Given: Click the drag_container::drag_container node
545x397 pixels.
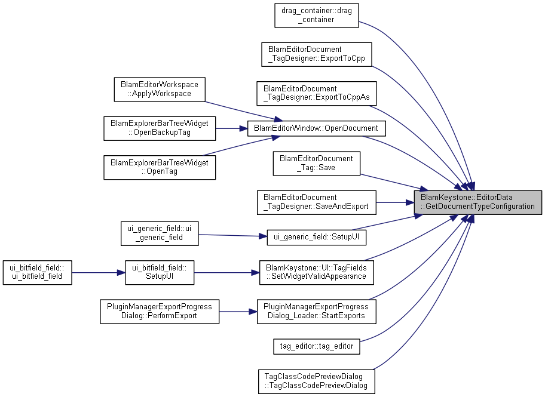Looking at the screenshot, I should tap(316, 15).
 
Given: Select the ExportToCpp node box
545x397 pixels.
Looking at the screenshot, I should tap(316, 54).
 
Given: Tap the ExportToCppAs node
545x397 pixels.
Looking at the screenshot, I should tap(316, 94).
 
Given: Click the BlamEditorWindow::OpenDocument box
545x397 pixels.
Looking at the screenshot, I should tap(316, 128).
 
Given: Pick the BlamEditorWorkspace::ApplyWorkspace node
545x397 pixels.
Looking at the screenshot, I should tap(159, 89).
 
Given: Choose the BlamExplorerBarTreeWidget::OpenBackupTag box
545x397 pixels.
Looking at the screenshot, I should tap(159, 128).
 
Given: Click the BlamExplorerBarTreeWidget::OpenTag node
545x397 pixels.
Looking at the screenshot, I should tap(159, 167).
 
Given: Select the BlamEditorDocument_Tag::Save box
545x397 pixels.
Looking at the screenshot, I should tap(316, 163).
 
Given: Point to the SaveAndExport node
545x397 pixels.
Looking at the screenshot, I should tap(316, 202).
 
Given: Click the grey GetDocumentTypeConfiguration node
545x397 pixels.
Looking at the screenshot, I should tap(478, 202).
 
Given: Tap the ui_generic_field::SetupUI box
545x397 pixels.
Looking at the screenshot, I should tap(316, 236).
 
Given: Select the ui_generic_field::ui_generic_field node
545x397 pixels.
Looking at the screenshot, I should tap(159, 233).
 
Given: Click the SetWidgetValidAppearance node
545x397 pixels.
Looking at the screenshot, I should tap(316, 272).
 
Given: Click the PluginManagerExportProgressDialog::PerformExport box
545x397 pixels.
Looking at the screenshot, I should tap(159, 311).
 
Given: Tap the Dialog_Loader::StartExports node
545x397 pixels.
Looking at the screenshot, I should tap(316, 311).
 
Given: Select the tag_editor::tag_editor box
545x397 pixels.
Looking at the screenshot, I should tap(316, 346).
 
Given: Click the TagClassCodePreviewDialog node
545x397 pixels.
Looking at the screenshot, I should tap(316, 381).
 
